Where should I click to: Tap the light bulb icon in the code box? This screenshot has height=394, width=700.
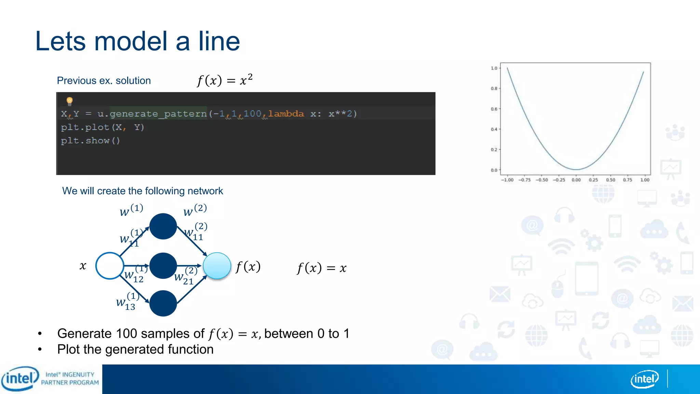70,101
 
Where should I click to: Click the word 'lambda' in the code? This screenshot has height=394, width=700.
286,114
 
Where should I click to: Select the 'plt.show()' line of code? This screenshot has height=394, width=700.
91,141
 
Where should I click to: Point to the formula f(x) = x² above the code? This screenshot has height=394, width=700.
225,80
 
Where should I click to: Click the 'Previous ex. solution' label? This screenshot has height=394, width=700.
104,81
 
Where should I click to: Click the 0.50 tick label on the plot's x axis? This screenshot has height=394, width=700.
610,180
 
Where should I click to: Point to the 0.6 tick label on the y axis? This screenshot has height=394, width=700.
494,109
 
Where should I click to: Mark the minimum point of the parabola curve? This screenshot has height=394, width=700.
576,169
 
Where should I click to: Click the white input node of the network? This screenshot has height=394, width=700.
110,266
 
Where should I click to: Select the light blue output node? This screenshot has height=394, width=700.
217,266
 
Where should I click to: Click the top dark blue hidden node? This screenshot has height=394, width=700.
163,226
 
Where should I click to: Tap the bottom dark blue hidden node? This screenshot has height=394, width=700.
163,303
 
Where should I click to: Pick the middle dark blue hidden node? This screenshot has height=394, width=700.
163,266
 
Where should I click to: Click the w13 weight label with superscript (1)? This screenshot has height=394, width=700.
127,302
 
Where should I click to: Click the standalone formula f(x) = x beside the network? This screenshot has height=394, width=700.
322,268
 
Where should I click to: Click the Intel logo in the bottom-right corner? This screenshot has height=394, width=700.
644,379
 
